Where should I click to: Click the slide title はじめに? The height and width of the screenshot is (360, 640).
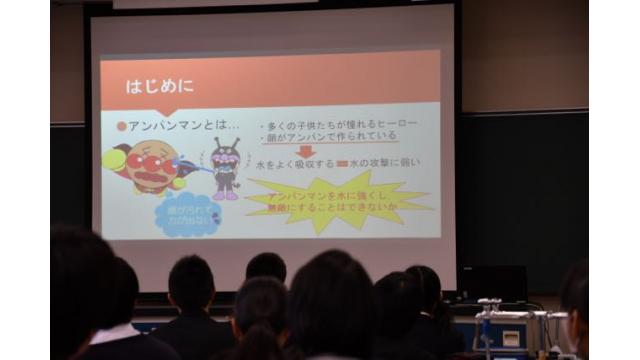(x=153, y=86)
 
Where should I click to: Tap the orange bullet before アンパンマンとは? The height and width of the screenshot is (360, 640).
(x=122, y=126)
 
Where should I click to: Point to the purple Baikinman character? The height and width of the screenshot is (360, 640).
(x=224, y=167)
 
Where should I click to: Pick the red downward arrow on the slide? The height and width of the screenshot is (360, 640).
(x=306, y=151)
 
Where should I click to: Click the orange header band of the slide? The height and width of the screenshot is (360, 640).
(x=270, y=80)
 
